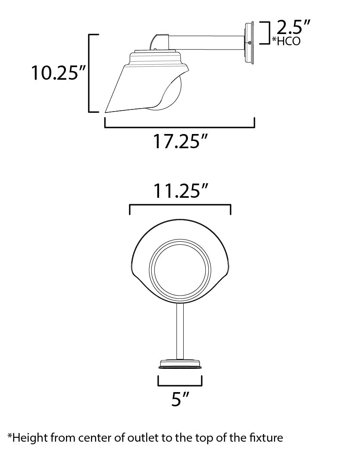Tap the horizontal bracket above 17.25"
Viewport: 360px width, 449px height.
(x=180, y=127)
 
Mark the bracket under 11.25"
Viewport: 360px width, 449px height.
(x=180, y=206)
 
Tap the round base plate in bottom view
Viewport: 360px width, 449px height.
(x=180, y=364)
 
